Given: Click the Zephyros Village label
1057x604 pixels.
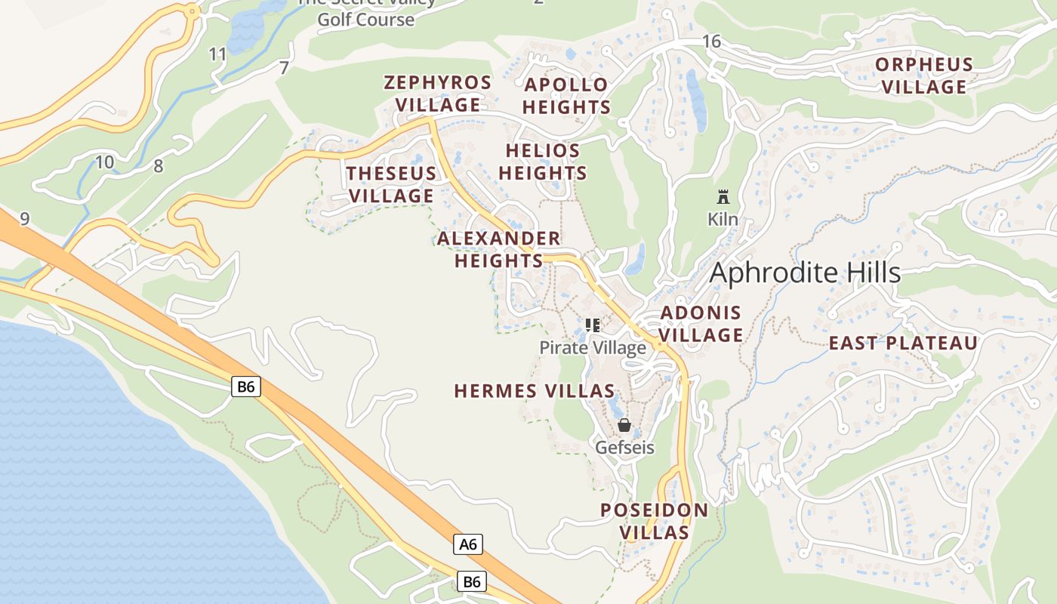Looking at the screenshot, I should coord(438,94).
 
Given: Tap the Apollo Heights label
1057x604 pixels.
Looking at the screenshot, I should coord(566,96).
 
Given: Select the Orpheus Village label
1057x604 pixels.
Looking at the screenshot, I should coord(924,75).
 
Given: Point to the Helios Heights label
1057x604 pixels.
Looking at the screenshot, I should coord(543,162).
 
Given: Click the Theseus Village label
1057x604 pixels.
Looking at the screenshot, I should coord(391,184).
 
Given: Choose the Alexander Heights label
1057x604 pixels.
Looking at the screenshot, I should coord(498,250).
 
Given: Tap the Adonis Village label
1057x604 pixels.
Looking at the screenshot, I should coord(701,324).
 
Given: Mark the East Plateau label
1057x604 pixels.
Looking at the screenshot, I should coord(903,344).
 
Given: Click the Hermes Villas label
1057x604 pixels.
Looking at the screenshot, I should coord(534,391).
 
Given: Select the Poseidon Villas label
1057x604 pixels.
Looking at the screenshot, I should coord(655,521).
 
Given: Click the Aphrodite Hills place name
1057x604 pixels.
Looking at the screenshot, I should coord(806,273).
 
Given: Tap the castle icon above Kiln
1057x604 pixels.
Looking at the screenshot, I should coord(723,198).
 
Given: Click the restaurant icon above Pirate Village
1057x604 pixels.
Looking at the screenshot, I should coord(593,325).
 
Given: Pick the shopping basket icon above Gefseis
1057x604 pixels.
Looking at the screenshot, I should coord(624,425).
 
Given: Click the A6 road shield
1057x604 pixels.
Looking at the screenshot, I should coord(468,544).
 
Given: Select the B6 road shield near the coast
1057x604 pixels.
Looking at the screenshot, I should coord(246,387).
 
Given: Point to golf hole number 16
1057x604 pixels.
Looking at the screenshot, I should coord(711,42).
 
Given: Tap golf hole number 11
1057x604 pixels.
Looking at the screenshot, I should coord(217,54).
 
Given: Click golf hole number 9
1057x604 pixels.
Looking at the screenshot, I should coord(25,219).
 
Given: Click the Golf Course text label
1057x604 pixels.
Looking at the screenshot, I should coord(366,19).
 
